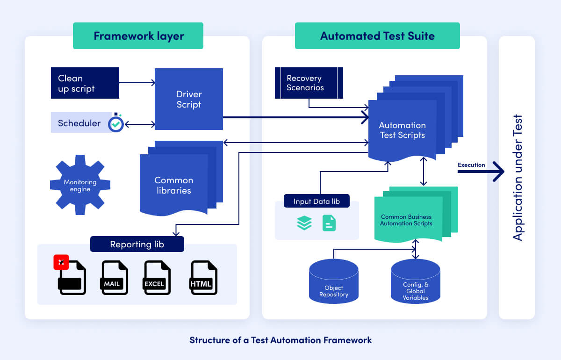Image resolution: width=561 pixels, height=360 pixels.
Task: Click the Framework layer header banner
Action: [138, 36]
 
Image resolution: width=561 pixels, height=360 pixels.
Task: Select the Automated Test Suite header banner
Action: [377, 36]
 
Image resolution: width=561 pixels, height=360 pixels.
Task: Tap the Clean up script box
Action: [85, 83]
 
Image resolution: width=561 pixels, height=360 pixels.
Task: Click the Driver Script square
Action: [189, 99]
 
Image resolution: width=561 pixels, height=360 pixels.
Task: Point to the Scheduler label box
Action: [79, 123]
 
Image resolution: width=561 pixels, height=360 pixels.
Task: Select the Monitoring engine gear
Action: [80, 185]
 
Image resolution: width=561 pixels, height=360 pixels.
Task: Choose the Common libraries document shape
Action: [173, 185]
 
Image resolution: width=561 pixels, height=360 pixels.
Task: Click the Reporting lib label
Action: [137, 244]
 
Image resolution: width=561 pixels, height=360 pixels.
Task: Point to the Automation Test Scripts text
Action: [402, 130]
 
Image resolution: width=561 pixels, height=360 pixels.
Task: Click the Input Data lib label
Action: [316, 202]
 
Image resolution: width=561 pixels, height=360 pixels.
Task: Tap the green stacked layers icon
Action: [304, 223]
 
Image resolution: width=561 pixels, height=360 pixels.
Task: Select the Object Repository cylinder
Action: [334, 281]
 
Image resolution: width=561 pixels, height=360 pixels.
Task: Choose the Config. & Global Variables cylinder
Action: [415, 281]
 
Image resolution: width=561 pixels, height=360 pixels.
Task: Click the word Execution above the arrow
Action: [471, 165]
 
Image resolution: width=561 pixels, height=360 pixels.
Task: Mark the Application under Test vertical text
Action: [517, 178]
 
